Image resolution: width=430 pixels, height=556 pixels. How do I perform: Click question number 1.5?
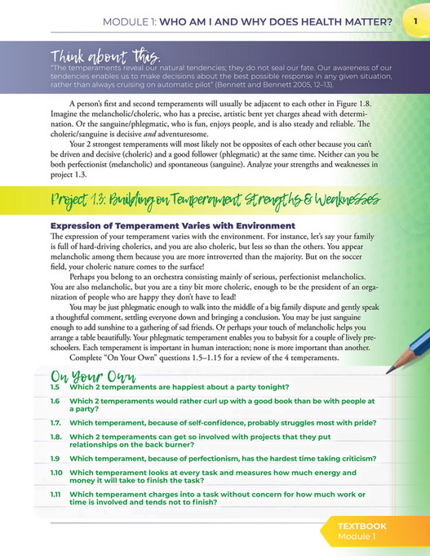55,386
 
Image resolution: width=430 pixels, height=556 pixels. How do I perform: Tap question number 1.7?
57,427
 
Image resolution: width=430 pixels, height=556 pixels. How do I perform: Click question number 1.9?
55,460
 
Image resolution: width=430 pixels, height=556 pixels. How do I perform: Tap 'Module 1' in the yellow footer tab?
361,539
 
